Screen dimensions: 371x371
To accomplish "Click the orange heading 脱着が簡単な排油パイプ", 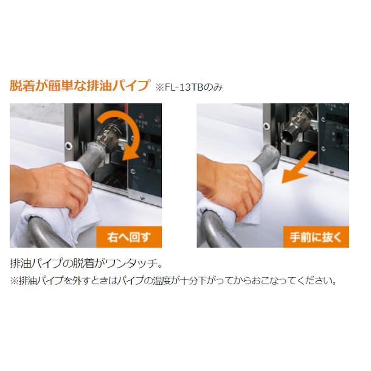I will pyautogui.click(x=78, y=85).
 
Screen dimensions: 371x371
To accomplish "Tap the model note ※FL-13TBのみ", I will pyautogui.click(x=189, y=87).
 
